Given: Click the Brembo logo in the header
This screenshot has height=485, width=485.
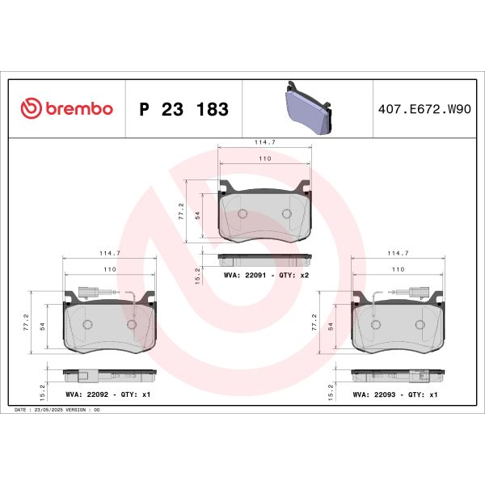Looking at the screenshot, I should pos(66,109).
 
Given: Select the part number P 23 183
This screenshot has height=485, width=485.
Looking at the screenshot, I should pos(183,109).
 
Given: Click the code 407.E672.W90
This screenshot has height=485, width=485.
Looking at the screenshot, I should pos(424,109).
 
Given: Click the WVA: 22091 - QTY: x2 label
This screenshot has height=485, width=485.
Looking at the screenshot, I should pos(266,276).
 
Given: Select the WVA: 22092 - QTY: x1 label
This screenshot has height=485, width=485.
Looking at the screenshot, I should pos(109,394).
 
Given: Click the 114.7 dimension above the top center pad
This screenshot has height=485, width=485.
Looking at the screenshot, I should pos(265,142).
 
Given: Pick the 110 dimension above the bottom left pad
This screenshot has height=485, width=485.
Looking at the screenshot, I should pos(109,268).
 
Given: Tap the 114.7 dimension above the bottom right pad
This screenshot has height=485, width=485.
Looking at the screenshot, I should pos(398,252).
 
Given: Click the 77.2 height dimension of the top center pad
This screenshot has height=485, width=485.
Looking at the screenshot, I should pos(182,211).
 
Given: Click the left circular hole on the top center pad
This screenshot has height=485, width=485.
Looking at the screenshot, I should pos(244,214).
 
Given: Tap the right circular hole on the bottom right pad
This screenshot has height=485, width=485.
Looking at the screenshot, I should pos(420,324).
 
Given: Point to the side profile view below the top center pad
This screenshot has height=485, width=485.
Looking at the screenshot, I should pos(265,258).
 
